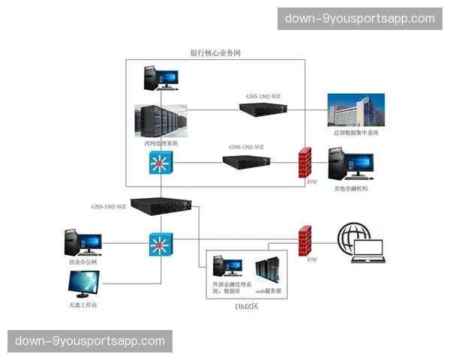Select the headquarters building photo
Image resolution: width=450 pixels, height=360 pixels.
click(x=355, y=110)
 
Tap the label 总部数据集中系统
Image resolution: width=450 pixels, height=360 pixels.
click(x=356, y=133)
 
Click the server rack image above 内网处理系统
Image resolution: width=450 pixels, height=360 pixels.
click(x=160, y=119)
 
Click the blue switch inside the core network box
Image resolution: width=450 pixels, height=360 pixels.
click(x=160, y=163)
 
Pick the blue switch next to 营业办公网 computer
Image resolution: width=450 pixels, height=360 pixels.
click(x=160, y=244)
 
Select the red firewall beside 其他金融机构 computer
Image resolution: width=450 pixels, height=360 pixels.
click(x=304, y=162)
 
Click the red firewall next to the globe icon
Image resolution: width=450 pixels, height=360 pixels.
click(x=304, y=240)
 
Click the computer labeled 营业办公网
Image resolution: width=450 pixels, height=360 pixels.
click(x=82, y=242)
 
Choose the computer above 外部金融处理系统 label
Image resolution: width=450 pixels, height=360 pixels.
click(x=226, y=268)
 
